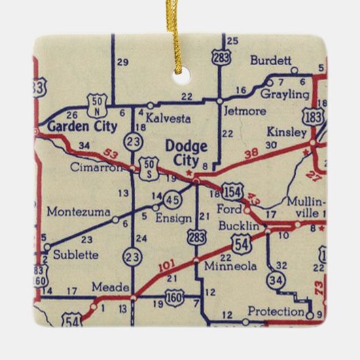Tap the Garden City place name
click(75, 126)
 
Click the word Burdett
click(270, 60)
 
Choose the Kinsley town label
click(287, 132)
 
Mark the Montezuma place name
click(78, 212)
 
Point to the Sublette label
click(74, 255)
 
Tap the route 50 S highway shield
click(149, 167)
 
